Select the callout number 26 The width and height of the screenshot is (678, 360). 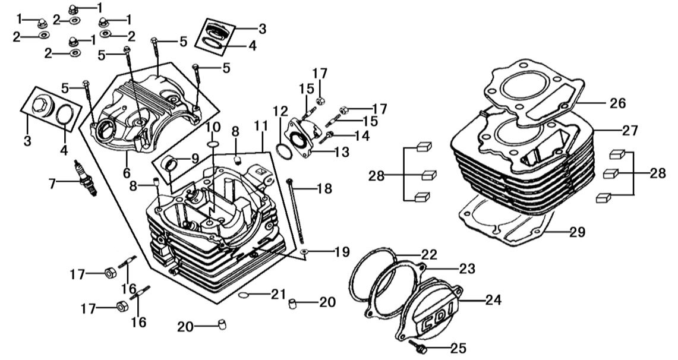click(617, 103)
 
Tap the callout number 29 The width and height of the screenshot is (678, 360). click(578, 232)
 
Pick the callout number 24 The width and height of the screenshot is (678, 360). click(493, 301)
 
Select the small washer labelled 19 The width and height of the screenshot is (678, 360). click(304, 252)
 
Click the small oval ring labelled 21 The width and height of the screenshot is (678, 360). click(245, 295)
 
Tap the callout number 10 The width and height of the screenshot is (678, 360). click(213, 128)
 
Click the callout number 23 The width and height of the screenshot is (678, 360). click(467, 269)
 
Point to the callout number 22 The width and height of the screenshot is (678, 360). click(428, 255)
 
